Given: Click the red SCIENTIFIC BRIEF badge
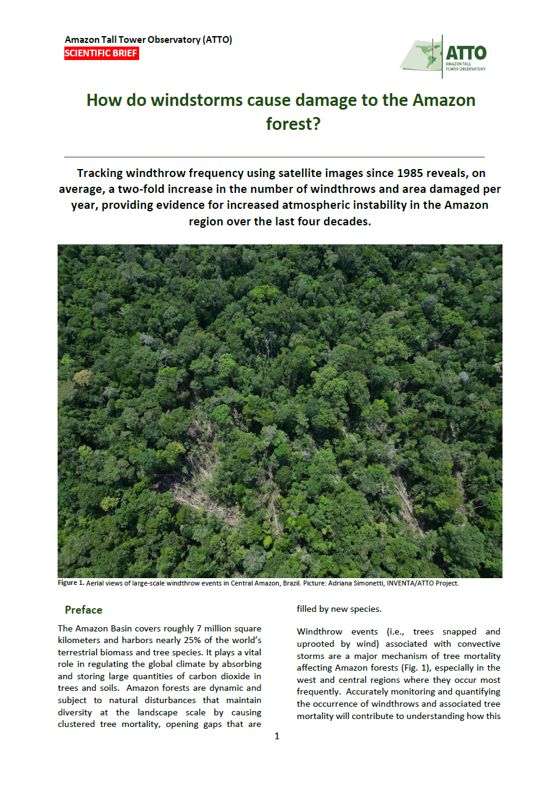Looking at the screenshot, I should tap(101, 54).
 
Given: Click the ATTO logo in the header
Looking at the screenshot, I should tap(443, 56).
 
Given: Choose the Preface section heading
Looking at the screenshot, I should tap(83, 610).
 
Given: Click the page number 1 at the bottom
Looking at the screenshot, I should tap(277, 736).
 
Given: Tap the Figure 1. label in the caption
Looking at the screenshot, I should tap(70, 583).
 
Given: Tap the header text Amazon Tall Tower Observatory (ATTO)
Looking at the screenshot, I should tap(148, 40).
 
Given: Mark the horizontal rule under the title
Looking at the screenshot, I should tap(274, 157).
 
